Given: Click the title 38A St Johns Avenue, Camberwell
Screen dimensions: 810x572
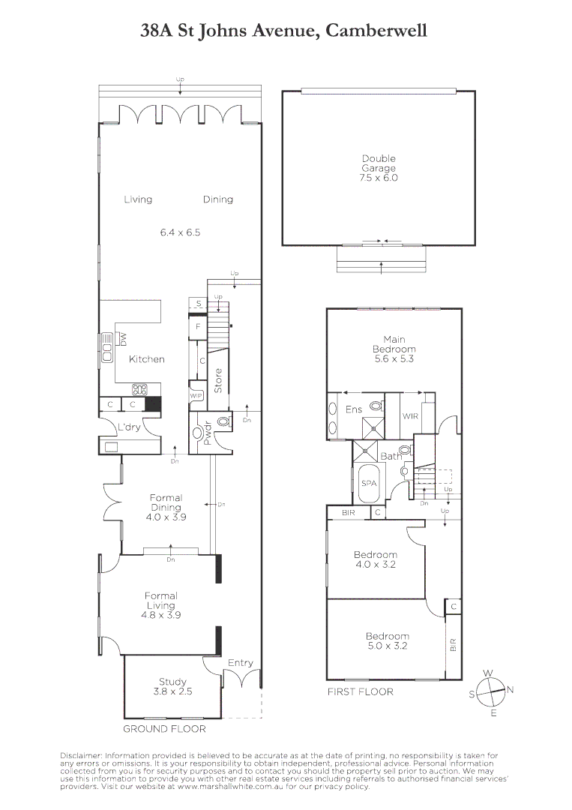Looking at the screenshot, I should click(284, 31).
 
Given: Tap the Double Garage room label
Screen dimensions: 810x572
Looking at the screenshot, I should click(379, 168).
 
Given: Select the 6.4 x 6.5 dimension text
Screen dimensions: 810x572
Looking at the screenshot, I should click(180, 232).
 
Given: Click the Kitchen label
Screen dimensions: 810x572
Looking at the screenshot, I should click(147, 359).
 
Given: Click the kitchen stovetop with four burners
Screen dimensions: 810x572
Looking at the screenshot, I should click(139, 388).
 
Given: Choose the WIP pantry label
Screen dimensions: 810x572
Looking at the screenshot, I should click(196, 396).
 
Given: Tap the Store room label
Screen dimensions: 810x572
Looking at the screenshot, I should click(219, 381).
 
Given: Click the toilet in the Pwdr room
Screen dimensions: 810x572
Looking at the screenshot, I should click(223, 422).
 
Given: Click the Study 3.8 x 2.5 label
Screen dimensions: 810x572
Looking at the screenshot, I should click(172, 686).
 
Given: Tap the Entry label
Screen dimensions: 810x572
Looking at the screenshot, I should click(241, 663).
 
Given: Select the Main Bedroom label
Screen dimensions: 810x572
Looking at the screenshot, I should click(394, 349).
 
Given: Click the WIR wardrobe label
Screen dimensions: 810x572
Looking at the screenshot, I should click(410, 415).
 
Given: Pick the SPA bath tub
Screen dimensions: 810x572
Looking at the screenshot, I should click(368, 484).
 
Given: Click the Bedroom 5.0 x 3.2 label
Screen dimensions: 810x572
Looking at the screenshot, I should click(388, 640).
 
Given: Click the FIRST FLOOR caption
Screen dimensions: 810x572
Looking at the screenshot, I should click(360, 691).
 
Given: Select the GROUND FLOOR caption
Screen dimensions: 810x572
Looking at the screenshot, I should click(164, 728).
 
